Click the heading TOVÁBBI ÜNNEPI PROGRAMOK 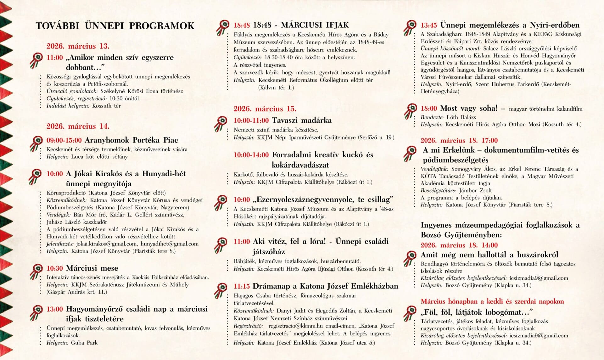[115, 26]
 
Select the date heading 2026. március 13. [78, 46]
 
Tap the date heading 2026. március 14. [78, 127]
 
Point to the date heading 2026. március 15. [265, 109]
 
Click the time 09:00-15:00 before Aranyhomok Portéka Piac [64, 140]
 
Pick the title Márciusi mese [92, 268]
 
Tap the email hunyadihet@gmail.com [169, 244]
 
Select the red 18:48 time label [241, 25]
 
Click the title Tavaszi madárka [301, 121]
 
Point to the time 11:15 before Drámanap [241, 286]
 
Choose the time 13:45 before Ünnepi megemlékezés [428, 25]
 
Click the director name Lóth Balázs [461, 117]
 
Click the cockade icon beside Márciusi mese [36, 271]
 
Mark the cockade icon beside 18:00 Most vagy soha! [410, 111]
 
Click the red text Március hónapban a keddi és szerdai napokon [492, 301]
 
